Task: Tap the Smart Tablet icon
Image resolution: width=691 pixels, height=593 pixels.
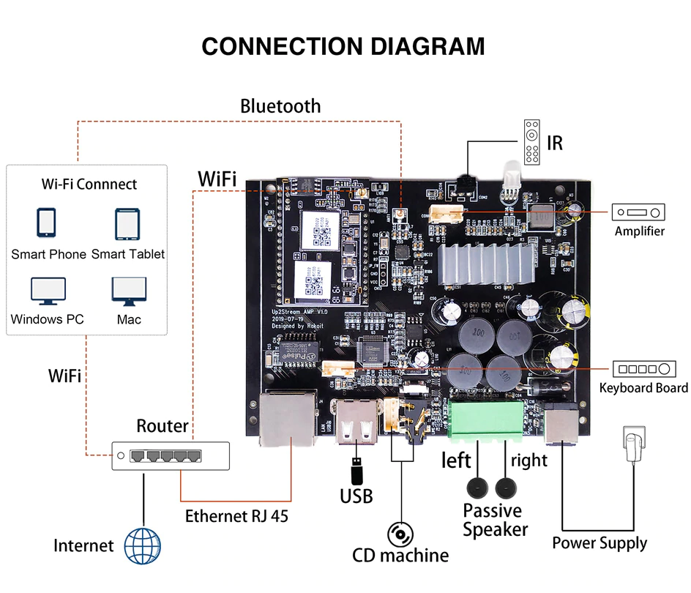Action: coord(127,223)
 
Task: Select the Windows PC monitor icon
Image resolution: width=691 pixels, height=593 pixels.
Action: coord(47,291)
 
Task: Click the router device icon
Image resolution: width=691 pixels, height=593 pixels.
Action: coord(170,455)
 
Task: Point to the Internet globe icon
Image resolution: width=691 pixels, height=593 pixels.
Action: coord(142,547)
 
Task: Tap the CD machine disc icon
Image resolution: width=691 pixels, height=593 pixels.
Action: coord(400,534)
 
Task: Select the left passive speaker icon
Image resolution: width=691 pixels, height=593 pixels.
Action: coord(479,488)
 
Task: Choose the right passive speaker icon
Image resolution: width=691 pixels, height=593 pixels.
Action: coord(505,488)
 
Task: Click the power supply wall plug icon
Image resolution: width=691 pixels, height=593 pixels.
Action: coord(632,444)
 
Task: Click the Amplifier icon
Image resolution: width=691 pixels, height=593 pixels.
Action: coord(639,213)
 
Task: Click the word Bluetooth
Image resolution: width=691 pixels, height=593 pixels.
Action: coord(280,106)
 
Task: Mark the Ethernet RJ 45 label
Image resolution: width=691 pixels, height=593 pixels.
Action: coord(236,515)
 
